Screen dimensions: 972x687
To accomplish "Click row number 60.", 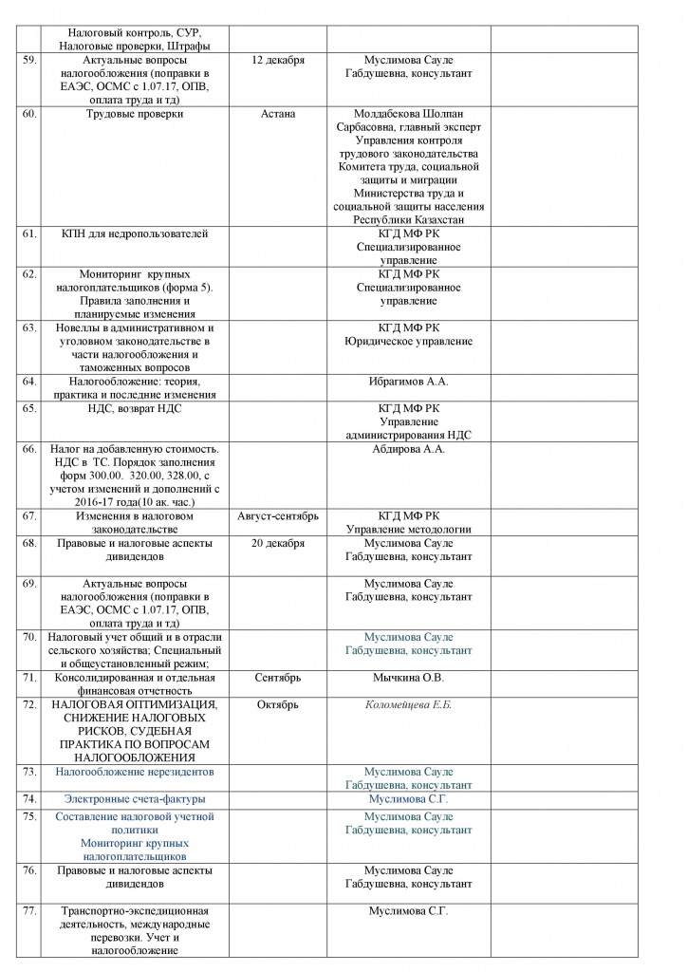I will coord(28,115).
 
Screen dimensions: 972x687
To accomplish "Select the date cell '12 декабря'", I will coord(278,61).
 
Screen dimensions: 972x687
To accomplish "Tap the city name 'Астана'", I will coord(278,115).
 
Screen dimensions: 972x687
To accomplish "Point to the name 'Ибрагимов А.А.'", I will coord(408,382).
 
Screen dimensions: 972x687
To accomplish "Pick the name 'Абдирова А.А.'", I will coord(408,449).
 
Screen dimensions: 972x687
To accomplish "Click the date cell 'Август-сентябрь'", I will coord(278,516).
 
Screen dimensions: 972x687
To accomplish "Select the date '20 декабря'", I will coord(278,543).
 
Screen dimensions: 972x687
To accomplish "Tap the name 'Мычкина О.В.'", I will coord(408,678).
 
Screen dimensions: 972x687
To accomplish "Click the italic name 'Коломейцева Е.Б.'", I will coord(408,705).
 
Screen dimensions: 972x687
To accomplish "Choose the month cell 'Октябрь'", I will coord(278,705).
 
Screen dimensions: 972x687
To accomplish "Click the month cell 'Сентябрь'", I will coord(278,678).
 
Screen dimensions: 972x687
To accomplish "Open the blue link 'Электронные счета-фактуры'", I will coord(135,799).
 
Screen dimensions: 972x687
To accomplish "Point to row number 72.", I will coord(28,705).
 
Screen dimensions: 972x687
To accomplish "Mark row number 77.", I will coord(28,911).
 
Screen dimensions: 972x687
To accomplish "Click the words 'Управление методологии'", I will coord(408,530).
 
